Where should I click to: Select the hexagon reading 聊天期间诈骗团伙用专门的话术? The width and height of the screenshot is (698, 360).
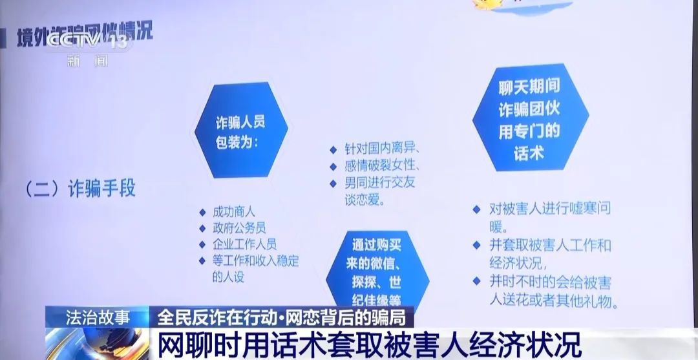(x=529, y=118)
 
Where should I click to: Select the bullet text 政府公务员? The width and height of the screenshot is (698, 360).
(x=239, y=228)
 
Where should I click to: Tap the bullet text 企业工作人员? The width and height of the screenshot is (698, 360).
(x=245, y=244)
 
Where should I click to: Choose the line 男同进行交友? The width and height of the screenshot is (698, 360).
(x=379, y=182)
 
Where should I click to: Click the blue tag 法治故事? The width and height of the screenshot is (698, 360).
(x=97, y=317)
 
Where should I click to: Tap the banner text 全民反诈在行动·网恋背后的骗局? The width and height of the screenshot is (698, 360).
(x=282, y=317)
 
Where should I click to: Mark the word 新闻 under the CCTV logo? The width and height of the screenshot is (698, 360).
(x=87, y=61)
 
